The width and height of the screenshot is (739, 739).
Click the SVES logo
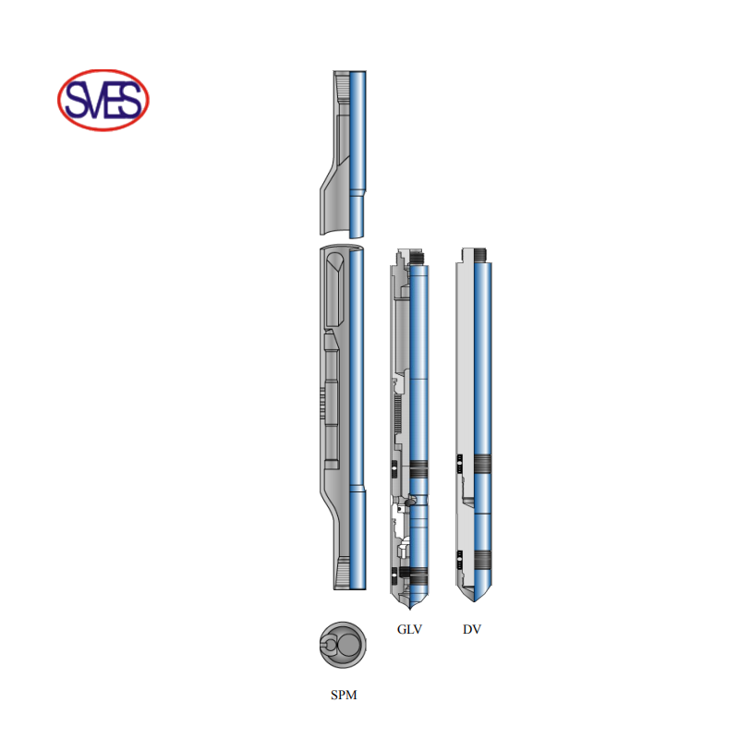[x=103, y=100]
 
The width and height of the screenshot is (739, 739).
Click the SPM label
[x=344, y=695]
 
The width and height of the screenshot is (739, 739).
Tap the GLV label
[x=409, y=629]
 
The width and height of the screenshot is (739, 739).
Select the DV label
[x=472, y=629]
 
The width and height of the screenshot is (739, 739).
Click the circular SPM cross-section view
[x=343, y=645]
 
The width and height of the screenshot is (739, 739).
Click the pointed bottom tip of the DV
[x=474, y=601]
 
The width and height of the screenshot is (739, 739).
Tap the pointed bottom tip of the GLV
[x=409, y=608]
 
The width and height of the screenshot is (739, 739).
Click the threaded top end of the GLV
[x=418, y=257]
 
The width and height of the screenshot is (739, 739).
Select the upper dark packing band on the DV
[x=482, y=464]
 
